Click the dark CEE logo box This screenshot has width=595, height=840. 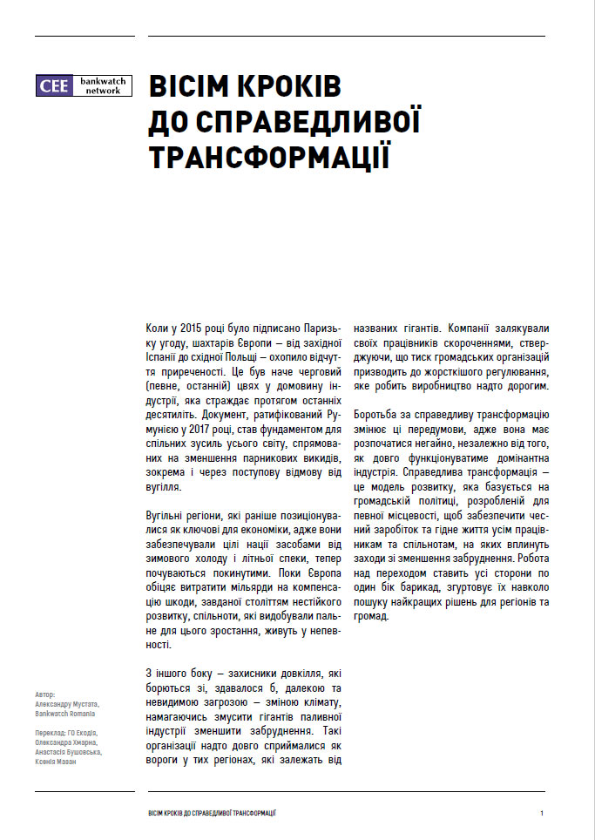coord(54,85)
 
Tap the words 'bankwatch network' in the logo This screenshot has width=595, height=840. coord(103,85)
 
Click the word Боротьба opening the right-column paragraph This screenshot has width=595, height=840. coord(378,415)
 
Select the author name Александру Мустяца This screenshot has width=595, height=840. coord(68,703)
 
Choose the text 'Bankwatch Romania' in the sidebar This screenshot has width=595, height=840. coord(64,713)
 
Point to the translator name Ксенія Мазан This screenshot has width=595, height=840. coord(55,762)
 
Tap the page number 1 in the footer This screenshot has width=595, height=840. coord(542,812)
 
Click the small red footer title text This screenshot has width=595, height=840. coord(213,812)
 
